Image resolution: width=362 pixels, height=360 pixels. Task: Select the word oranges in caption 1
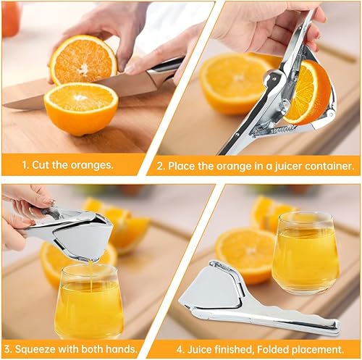(91, 164)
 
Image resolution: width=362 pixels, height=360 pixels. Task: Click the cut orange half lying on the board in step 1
(80, 109)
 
